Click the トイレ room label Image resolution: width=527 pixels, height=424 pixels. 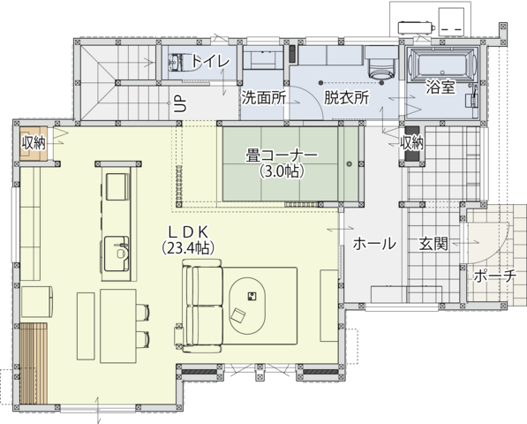click(x=211, y=61)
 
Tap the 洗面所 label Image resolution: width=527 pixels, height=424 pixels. click(x=264, y=98)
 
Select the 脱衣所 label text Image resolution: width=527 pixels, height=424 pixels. click(x=347, y=97)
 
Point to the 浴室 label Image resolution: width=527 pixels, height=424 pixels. click(x=440, y=87)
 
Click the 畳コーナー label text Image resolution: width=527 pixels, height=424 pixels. click(x=282, y=155)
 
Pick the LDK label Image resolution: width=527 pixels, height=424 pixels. click(x=189, y=232)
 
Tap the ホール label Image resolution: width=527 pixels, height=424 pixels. click(x=374, y=243)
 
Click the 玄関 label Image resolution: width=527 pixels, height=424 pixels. click(x=433, y=243)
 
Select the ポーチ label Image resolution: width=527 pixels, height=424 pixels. click(x=494, y=276)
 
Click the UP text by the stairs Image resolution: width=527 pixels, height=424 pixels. click(x=180, y=102)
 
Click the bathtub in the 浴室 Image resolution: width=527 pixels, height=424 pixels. click(x=441, y=64)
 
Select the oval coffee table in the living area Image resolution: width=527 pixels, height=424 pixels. click(x=248, y=306)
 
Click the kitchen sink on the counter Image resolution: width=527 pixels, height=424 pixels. click(x=117, y=254)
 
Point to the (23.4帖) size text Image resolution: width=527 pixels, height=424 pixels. click(x=188, y=248)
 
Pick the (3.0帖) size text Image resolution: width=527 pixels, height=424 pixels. click(x=282, y=171)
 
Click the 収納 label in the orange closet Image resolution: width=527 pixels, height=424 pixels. click(x=34, y=143)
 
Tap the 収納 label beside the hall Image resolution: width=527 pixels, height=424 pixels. click(x=411, y=143)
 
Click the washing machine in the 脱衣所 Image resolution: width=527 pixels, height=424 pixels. click(x=381, y=63)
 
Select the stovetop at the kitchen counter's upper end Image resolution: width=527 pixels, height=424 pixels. click(x=117, y=186)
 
